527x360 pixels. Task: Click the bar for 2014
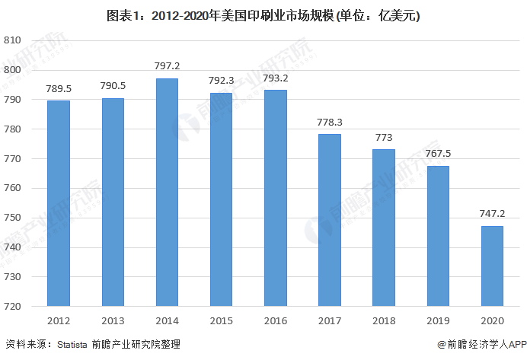coord(167,192)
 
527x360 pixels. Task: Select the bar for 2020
coord(492,266)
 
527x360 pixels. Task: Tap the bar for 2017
coord(329,220)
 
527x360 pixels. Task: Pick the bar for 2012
coord(59,203)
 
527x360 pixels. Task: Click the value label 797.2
coord(167,65)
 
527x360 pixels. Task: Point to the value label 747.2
coord(492,214)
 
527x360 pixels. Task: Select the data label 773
coord(384,137)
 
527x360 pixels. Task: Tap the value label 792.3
coord(221,80)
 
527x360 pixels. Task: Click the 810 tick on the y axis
coord(12,40)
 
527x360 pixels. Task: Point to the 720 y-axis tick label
coord(12,307)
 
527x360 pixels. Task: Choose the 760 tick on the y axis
coord(12,188)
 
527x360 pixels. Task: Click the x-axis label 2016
coord(275,320)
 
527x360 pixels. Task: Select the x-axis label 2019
coord(438,320)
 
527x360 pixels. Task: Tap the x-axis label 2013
coord(113,320)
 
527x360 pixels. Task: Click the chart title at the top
coord(263,15)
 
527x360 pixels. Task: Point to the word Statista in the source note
coord(74,345)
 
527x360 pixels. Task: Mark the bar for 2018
coord(384,228)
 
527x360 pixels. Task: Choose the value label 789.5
coord(59,88)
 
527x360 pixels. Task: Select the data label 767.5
coord(438,153)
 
